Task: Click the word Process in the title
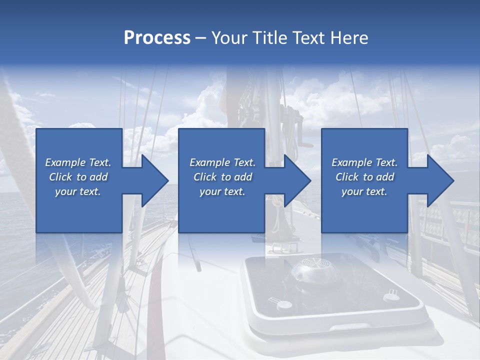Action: [157, 38]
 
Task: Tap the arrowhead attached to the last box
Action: [437, 180]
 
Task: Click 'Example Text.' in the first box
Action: [78, 162]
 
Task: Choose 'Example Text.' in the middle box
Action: [222, 162]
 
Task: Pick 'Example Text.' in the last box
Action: [364, 162]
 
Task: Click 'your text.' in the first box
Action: [78, 191]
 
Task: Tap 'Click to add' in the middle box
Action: [222, 177]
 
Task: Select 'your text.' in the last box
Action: [364, 191]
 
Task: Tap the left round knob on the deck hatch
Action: [283, 304]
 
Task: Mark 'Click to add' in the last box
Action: [364, 177]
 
